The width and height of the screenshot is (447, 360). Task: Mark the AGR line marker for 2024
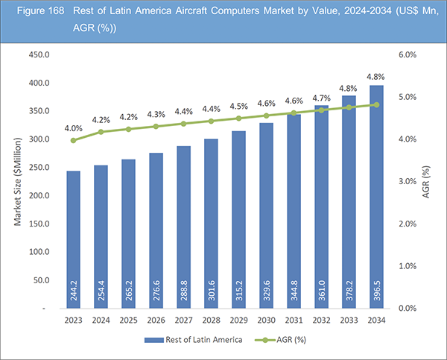pos(101,132)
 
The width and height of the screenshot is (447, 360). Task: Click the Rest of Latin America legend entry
pos(195,342)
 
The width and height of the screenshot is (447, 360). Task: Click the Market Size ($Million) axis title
pos(16,181)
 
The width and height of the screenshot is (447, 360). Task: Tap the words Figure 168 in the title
pos(32,12)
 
